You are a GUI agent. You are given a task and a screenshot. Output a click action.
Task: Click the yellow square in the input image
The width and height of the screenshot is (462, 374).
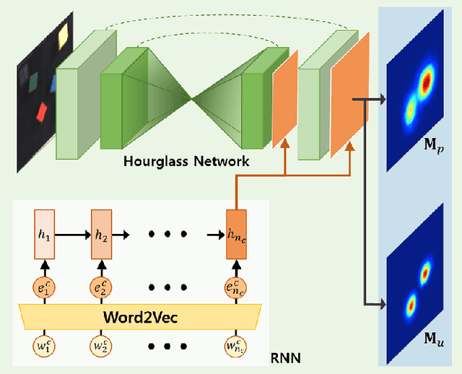tap(63, 32)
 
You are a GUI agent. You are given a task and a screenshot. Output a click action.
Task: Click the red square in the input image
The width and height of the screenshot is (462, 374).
tap(42, 111)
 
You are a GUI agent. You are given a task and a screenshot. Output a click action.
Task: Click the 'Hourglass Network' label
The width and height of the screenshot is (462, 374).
tap(186, 161)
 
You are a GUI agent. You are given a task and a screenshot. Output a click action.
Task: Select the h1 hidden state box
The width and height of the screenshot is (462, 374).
tap(44, 234)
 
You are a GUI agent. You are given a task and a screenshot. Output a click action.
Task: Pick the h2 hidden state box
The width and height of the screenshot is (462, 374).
tap(100, 234)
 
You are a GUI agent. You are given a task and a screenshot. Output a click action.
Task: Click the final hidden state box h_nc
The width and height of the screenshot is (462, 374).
tap(236, 234)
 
